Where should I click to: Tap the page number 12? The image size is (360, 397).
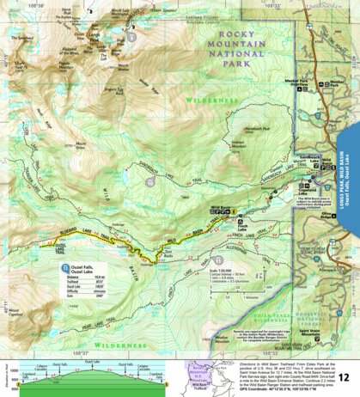[x=344, y=377]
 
